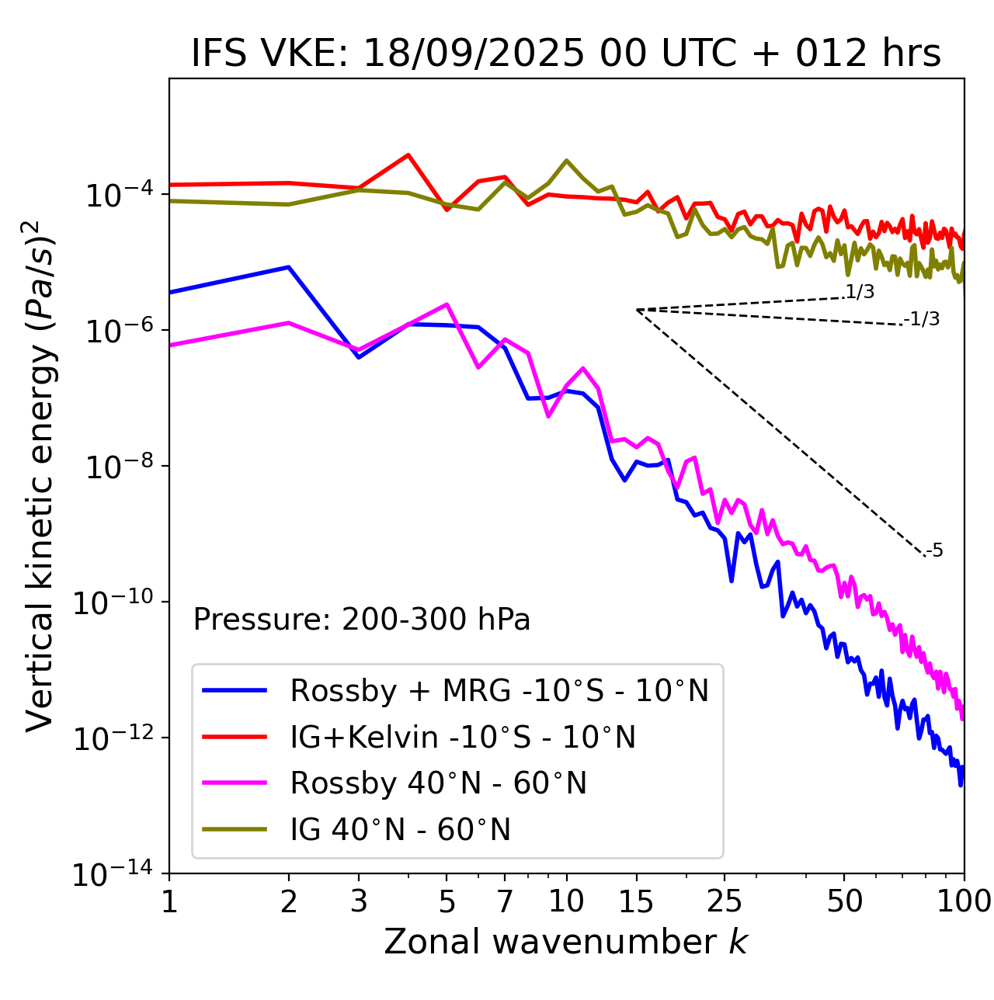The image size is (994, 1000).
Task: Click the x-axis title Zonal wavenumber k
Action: click(x=566, y=942)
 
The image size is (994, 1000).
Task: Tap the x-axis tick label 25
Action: click(x=725, y=901)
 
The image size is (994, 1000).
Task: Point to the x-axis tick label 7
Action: click(x=505, y=901)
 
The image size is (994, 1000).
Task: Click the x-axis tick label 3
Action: click(x=359, y=901)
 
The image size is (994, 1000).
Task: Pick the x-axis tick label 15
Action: click(x=636, y=901)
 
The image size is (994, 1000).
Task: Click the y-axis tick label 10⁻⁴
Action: click(x=117, y=193)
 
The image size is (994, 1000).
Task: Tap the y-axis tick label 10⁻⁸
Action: click(x=117, y=466)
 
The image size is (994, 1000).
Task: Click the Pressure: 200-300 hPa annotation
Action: click(x=362, y=620)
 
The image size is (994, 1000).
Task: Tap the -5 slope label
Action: click(x=934, y=551)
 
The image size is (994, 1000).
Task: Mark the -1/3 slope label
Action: click(x=922, y=319)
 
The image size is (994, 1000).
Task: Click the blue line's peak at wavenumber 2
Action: click(x=289, y=267)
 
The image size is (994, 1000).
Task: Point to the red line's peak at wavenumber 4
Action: click(x=408, y=155)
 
